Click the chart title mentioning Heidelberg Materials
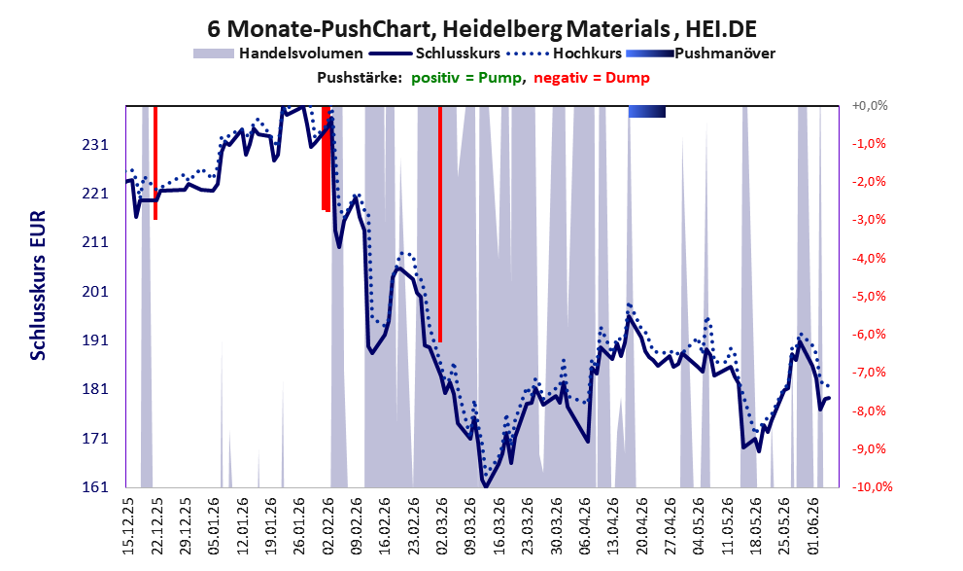coord(482,28)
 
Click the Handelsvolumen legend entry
coord(278,54)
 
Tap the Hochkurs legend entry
coord(564,54)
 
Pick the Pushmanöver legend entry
coord(700,54)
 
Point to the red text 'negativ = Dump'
coord(592,78)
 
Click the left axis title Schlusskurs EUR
coord(38,285)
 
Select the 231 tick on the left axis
coord(96,145)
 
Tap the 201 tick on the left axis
coord(96,292)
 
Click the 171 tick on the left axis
coord(96,439)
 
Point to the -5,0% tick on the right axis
coord(869,297)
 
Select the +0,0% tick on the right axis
coord(870,106)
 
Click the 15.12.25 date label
coord(128,526)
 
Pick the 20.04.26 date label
coord(642,526)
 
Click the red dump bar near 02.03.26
coord(440,225)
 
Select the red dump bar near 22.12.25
coord(155,162)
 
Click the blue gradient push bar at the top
coord(647,111)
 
